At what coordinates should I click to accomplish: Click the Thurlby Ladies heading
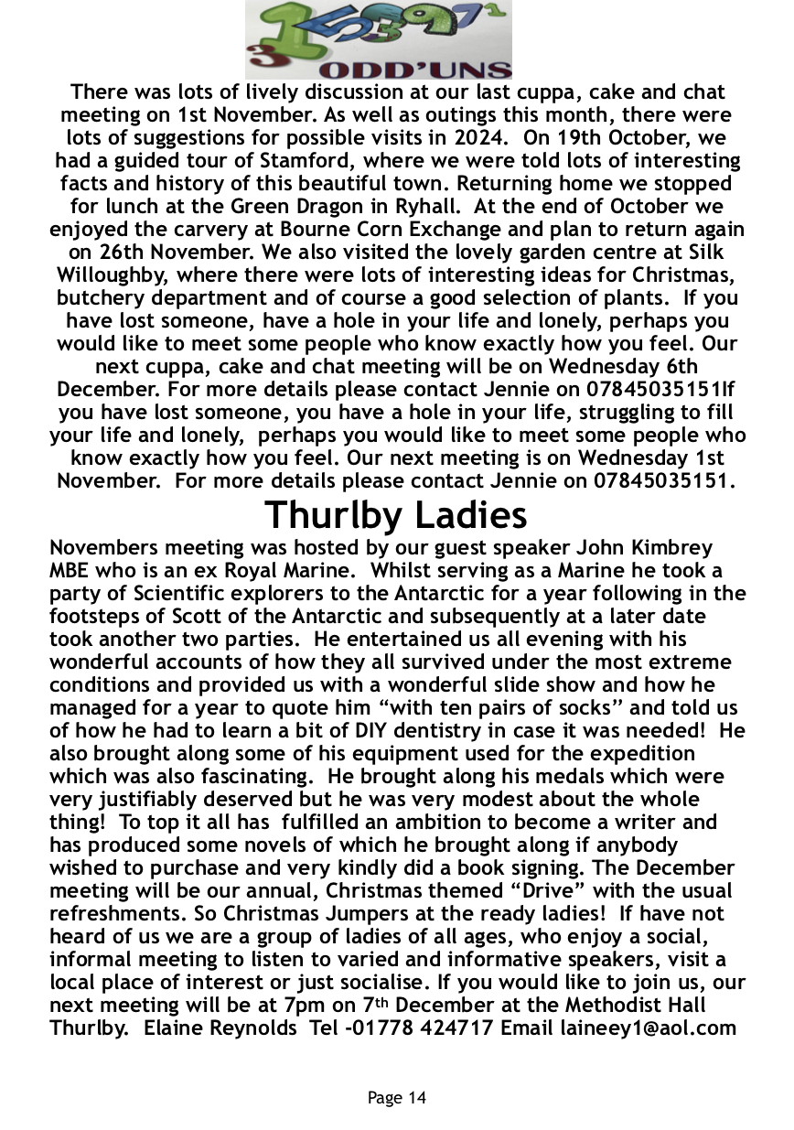click(396, 515)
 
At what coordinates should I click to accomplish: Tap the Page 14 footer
click(396, 1097)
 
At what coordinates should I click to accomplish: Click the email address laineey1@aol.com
click(648, 1028)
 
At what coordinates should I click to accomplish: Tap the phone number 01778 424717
click(426, 1028)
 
